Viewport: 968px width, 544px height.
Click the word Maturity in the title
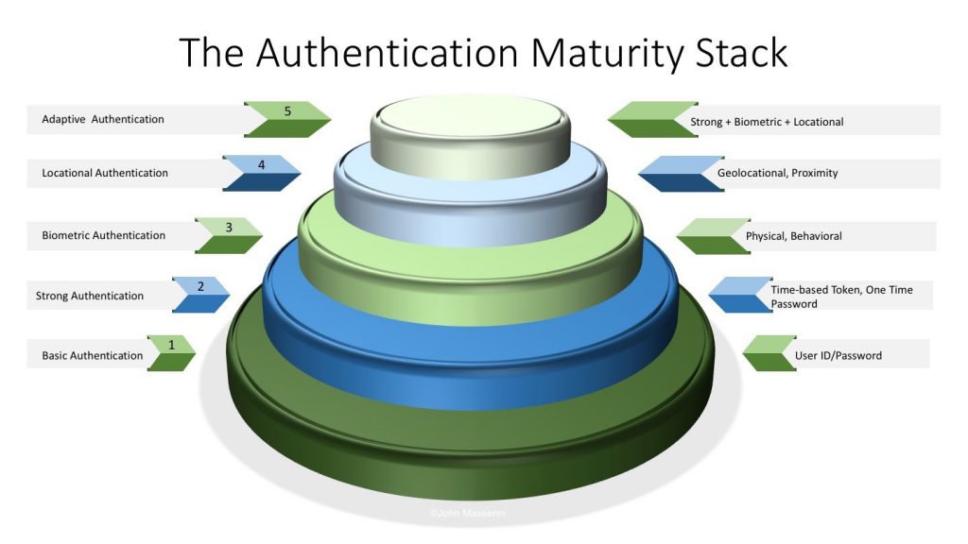point(607,53)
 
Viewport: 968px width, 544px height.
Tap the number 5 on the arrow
point(287,111)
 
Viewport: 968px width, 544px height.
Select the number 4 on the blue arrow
point(262,164)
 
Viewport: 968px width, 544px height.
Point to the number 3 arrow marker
point(229,235)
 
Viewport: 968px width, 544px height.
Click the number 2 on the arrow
point(200,286)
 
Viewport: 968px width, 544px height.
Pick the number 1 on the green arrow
point(172,345)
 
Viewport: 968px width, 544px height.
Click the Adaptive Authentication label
point(103,119)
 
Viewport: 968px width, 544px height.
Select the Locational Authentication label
point(105,173)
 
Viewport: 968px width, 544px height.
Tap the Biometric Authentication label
point(104,235)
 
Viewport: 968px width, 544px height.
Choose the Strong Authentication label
point(90,296)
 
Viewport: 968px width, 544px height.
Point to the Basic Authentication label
point(92,355)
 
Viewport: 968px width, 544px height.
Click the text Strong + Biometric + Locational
point(767,122)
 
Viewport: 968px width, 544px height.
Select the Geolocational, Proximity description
point(777,173)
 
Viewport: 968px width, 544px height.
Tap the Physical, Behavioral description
point(793,235)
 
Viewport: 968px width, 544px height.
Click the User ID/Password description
point(838,355)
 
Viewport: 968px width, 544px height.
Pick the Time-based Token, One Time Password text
point(841,297)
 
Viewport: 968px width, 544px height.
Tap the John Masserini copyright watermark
point(468,513)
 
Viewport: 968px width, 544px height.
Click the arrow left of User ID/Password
point(769,353)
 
